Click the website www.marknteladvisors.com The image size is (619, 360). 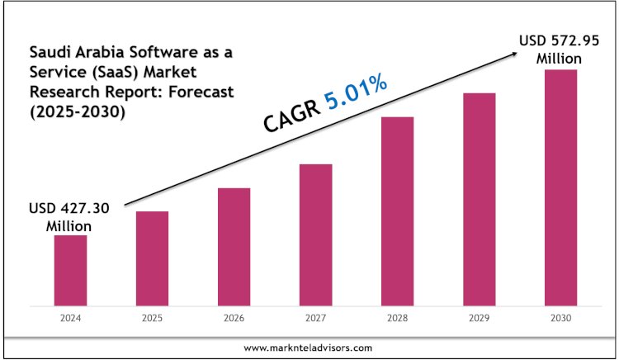[309, 348]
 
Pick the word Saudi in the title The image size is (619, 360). [47, 52]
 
